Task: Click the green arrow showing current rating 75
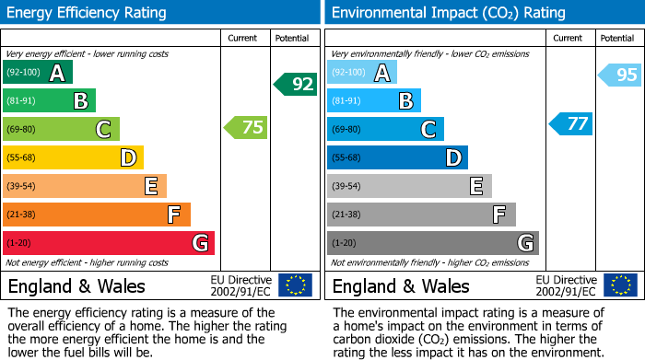(x=247, y=128)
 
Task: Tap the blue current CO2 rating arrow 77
(x=571, y=123)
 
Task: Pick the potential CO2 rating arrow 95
(x=620, y=75)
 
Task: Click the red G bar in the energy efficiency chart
(x=109, y=243)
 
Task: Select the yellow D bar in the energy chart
(x=74, y=157)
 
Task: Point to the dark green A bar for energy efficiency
(x=38, y=73)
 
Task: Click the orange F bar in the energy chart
(x=97, y=215)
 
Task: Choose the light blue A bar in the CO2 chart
(x=362, y=73)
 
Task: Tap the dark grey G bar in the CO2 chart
(x=432, y=243)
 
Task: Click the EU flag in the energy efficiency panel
(x=295, y=285)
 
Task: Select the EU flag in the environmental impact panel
(x=619, y=285)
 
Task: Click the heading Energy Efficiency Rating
(x=88, y=13)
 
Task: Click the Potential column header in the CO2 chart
(x=616, y=38)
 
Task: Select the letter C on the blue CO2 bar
(x=428, y=130)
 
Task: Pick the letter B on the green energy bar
(x=80, y=101)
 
